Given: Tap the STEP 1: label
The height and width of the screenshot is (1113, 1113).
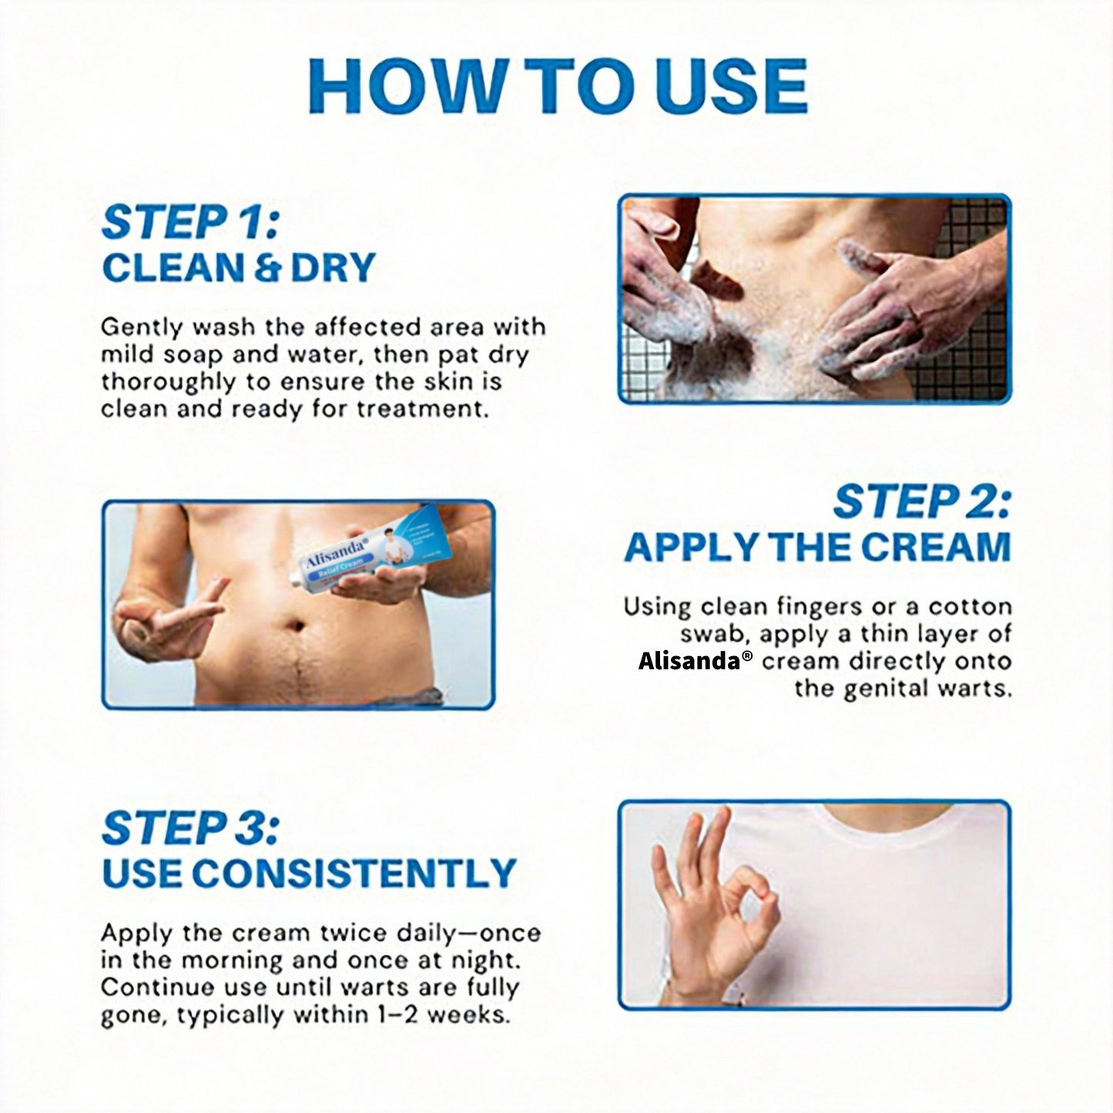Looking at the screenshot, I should click(x=189, y=223).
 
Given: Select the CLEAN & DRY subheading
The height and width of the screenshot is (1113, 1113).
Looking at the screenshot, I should click(x=238, y=267).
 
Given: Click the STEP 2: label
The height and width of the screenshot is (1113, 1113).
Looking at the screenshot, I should click(x=921, y=502).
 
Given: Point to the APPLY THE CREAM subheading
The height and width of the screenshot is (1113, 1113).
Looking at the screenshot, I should click(x=817, y=547).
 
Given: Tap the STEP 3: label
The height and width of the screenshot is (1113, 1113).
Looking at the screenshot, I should click(x=190, y=828).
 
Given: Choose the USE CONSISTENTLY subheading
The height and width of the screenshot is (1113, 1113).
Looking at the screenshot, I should click(x=308, y=873).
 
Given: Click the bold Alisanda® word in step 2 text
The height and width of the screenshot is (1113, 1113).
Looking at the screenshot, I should click(x=690, y=661).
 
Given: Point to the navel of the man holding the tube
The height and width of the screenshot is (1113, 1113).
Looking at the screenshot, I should click(x=296, y=621).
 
